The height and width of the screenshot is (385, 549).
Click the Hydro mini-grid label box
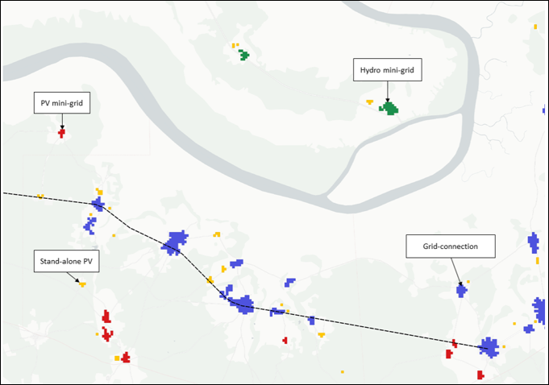click(387, 70)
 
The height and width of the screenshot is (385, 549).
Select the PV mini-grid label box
click(62, 103)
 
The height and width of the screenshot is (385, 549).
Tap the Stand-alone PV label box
click(67, 261)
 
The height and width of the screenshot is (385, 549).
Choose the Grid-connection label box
click(451, 246)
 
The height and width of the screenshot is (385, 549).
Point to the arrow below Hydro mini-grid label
click(388, 92)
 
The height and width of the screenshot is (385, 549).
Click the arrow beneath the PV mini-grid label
click(62, 122)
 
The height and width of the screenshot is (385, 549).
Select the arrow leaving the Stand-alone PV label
click(73, 277)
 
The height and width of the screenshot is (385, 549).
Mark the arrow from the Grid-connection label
click(456, 271)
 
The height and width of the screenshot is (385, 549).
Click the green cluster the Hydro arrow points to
click(389, 109)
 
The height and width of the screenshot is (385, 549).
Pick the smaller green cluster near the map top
click(243, 55)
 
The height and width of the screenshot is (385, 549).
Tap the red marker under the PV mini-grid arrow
click(61, 133)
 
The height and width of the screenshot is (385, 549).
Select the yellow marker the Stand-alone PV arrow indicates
click(82, 284)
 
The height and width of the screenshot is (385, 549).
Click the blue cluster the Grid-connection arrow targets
click(461, 291)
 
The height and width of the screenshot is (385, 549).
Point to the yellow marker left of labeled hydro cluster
click(370, 102)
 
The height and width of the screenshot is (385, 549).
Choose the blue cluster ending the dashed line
click(489, 348)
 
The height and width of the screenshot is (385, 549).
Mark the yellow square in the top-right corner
click(535, 27)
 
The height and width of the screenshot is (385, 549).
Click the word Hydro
click(368, 70)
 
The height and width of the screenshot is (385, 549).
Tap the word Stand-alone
click(56, 261)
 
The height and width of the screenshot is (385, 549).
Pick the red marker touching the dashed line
click(455, 343)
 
